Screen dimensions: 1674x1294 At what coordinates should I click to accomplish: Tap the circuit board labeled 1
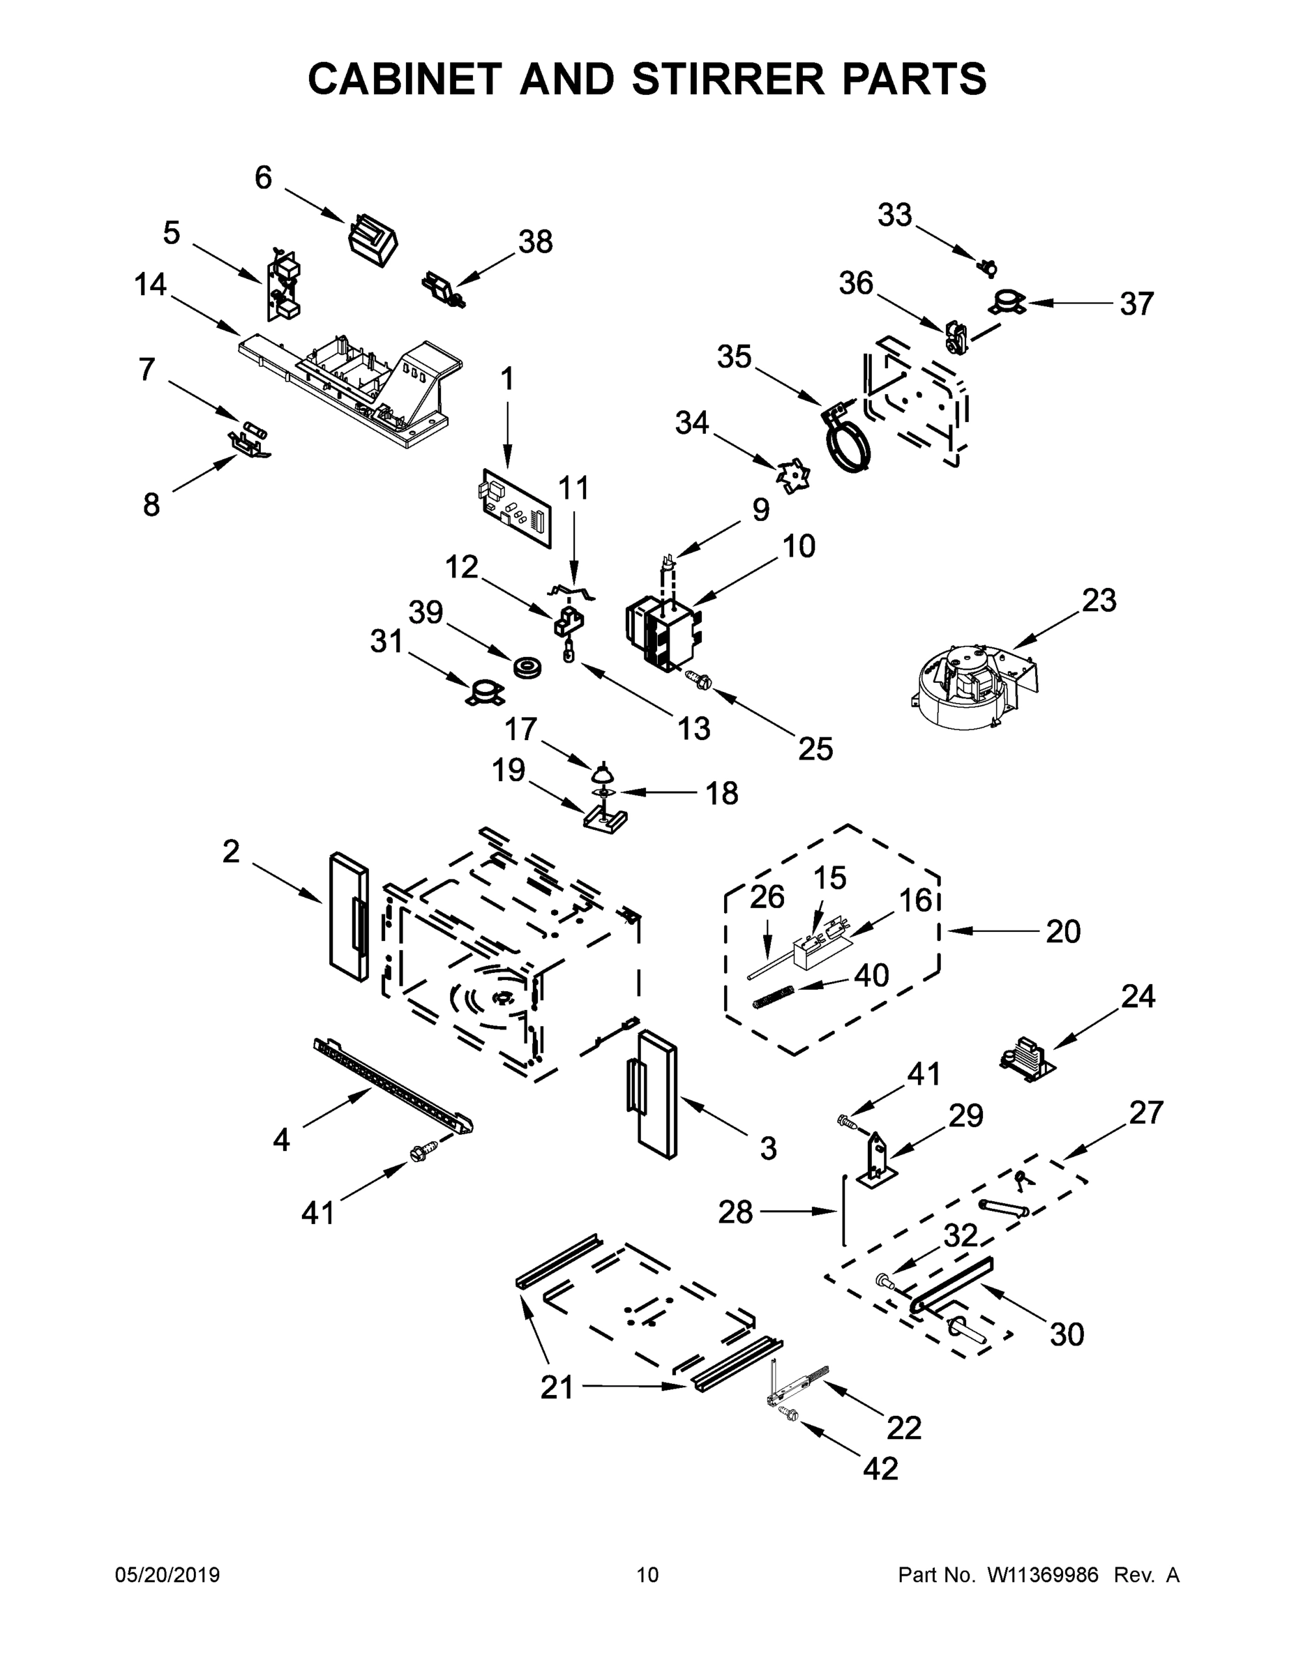tap(516, 508)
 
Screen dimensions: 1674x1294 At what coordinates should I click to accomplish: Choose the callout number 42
tap(880, 1468)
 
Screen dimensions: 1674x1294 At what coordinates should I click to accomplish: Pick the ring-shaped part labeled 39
tap(528, 667)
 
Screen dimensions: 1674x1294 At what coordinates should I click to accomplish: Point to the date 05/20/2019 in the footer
tap(167, 1575)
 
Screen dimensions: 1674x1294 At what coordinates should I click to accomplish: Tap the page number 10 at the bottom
tap(648, 1575)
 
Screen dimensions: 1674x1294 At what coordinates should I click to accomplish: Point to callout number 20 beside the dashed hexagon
tap(1062, 931)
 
